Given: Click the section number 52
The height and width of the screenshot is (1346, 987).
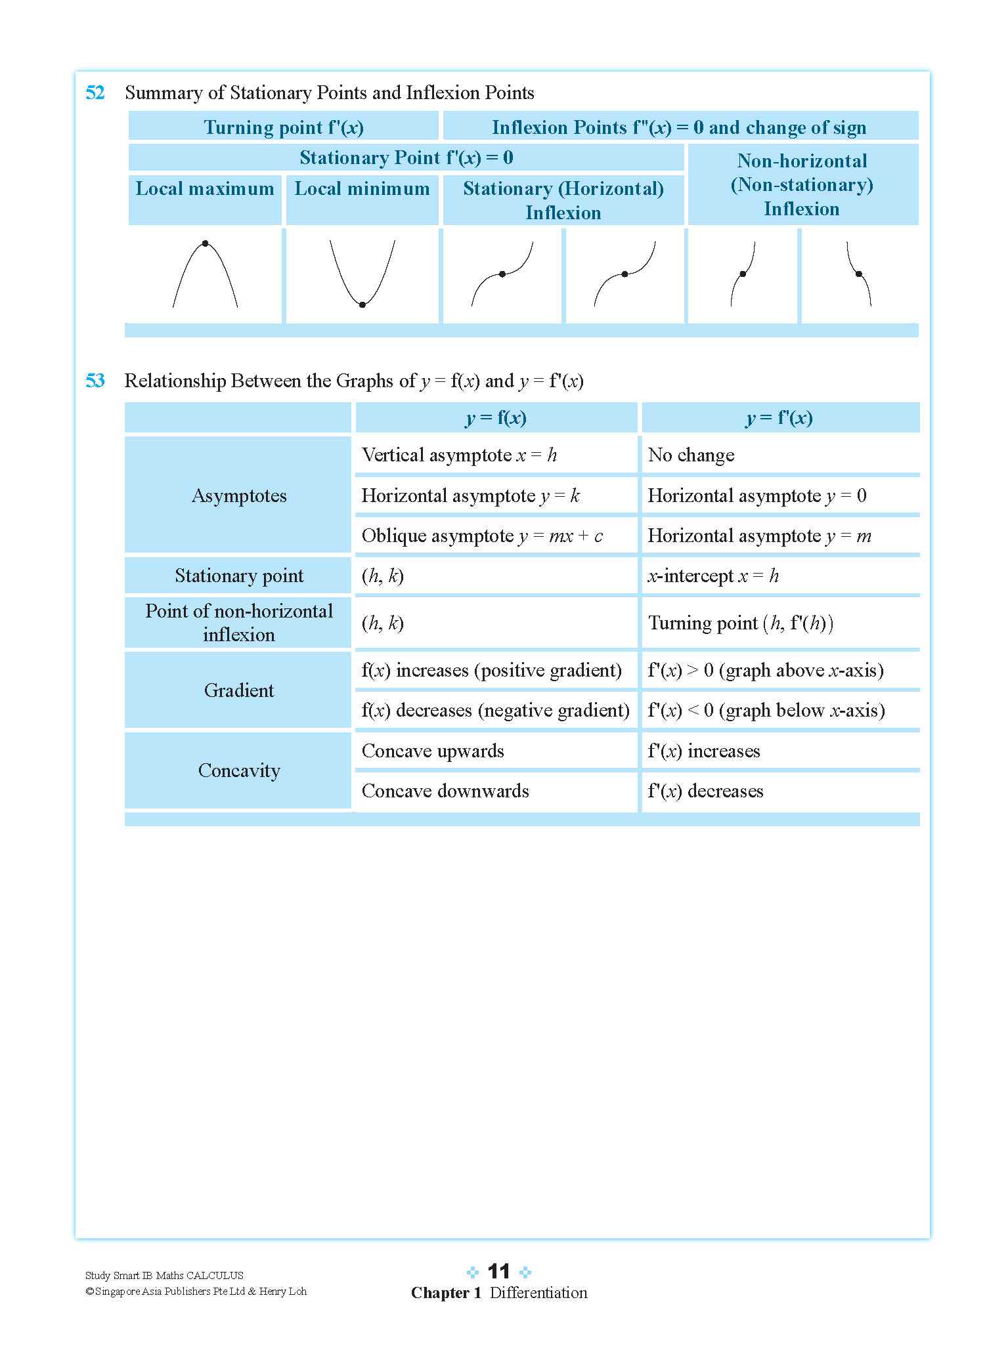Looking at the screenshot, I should [x=95, y=93].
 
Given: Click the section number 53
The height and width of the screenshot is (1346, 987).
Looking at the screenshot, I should [x=95, y=381].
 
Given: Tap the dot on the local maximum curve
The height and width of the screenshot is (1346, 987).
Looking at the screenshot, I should [x=206, y=243].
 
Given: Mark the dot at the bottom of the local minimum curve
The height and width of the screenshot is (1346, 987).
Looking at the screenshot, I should [x=362, y=305].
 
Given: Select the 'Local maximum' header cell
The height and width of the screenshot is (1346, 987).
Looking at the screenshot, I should [x=205, y=189].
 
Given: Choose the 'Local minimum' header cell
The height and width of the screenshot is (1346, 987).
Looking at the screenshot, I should [x=362, y=189].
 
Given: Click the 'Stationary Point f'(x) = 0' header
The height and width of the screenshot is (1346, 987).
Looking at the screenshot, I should [x=406, y=158].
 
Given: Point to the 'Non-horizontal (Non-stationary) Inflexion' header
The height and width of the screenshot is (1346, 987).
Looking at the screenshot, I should [x=802, y=184].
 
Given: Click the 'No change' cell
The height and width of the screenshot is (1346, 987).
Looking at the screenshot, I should [x=691, y=455].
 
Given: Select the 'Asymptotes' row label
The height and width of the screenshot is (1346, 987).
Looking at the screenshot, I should [x=239, y=495].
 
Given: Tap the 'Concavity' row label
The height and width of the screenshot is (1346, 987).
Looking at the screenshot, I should [x=239, y=770].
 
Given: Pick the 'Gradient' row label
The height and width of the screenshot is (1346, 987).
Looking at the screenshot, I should [x=239, y=690].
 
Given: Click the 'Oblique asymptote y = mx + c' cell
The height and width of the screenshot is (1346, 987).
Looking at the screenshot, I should [x=482, y=536].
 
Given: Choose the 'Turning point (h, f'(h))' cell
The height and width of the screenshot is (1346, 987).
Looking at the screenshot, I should [x=740, y=623].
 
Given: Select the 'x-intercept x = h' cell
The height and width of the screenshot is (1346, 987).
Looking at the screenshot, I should [x=713, y=576].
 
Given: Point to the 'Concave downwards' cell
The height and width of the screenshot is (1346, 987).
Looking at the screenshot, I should [x=445, y=791].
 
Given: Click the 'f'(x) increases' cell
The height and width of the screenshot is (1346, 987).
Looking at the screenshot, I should [x=704, y=751].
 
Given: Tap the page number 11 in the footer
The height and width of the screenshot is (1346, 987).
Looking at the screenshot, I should [x=499, y=1272].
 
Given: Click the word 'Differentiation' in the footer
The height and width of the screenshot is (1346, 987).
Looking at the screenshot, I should [x=538, y=1293].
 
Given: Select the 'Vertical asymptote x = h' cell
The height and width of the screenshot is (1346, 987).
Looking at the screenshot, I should [x=459, y=455].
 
